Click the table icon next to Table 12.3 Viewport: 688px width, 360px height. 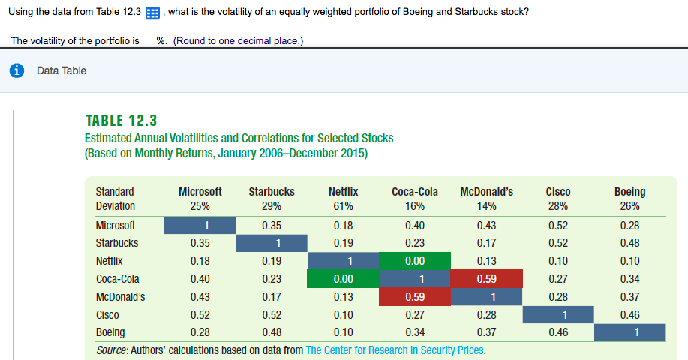(152, 13)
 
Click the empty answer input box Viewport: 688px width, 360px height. (149, 40)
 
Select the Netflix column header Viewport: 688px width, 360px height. (343, 192)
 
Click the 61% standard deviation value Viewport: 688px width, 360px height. (343, 206)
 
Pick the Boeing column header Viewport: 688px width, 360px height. (629, 192)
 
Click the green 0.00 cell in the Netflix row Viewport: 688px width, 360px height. (414, 261)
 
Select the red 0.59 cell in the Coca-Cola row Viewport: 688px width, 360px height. (485, 279)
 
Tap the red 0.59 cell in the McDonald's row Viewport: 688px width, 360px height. (414, 296)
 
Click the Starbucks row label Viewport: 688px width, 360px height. (117, 243)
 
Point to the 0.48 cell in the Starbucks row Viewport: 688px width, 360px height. (629, 243)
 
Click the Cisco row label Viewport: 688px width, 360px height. (107, 314)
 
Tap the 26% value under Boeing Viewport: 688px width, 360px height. (629, 206)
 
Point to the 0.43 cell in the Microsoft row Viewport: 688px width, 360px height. (485, 225)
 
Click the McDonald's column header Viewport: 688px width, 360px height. (485, 192)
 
